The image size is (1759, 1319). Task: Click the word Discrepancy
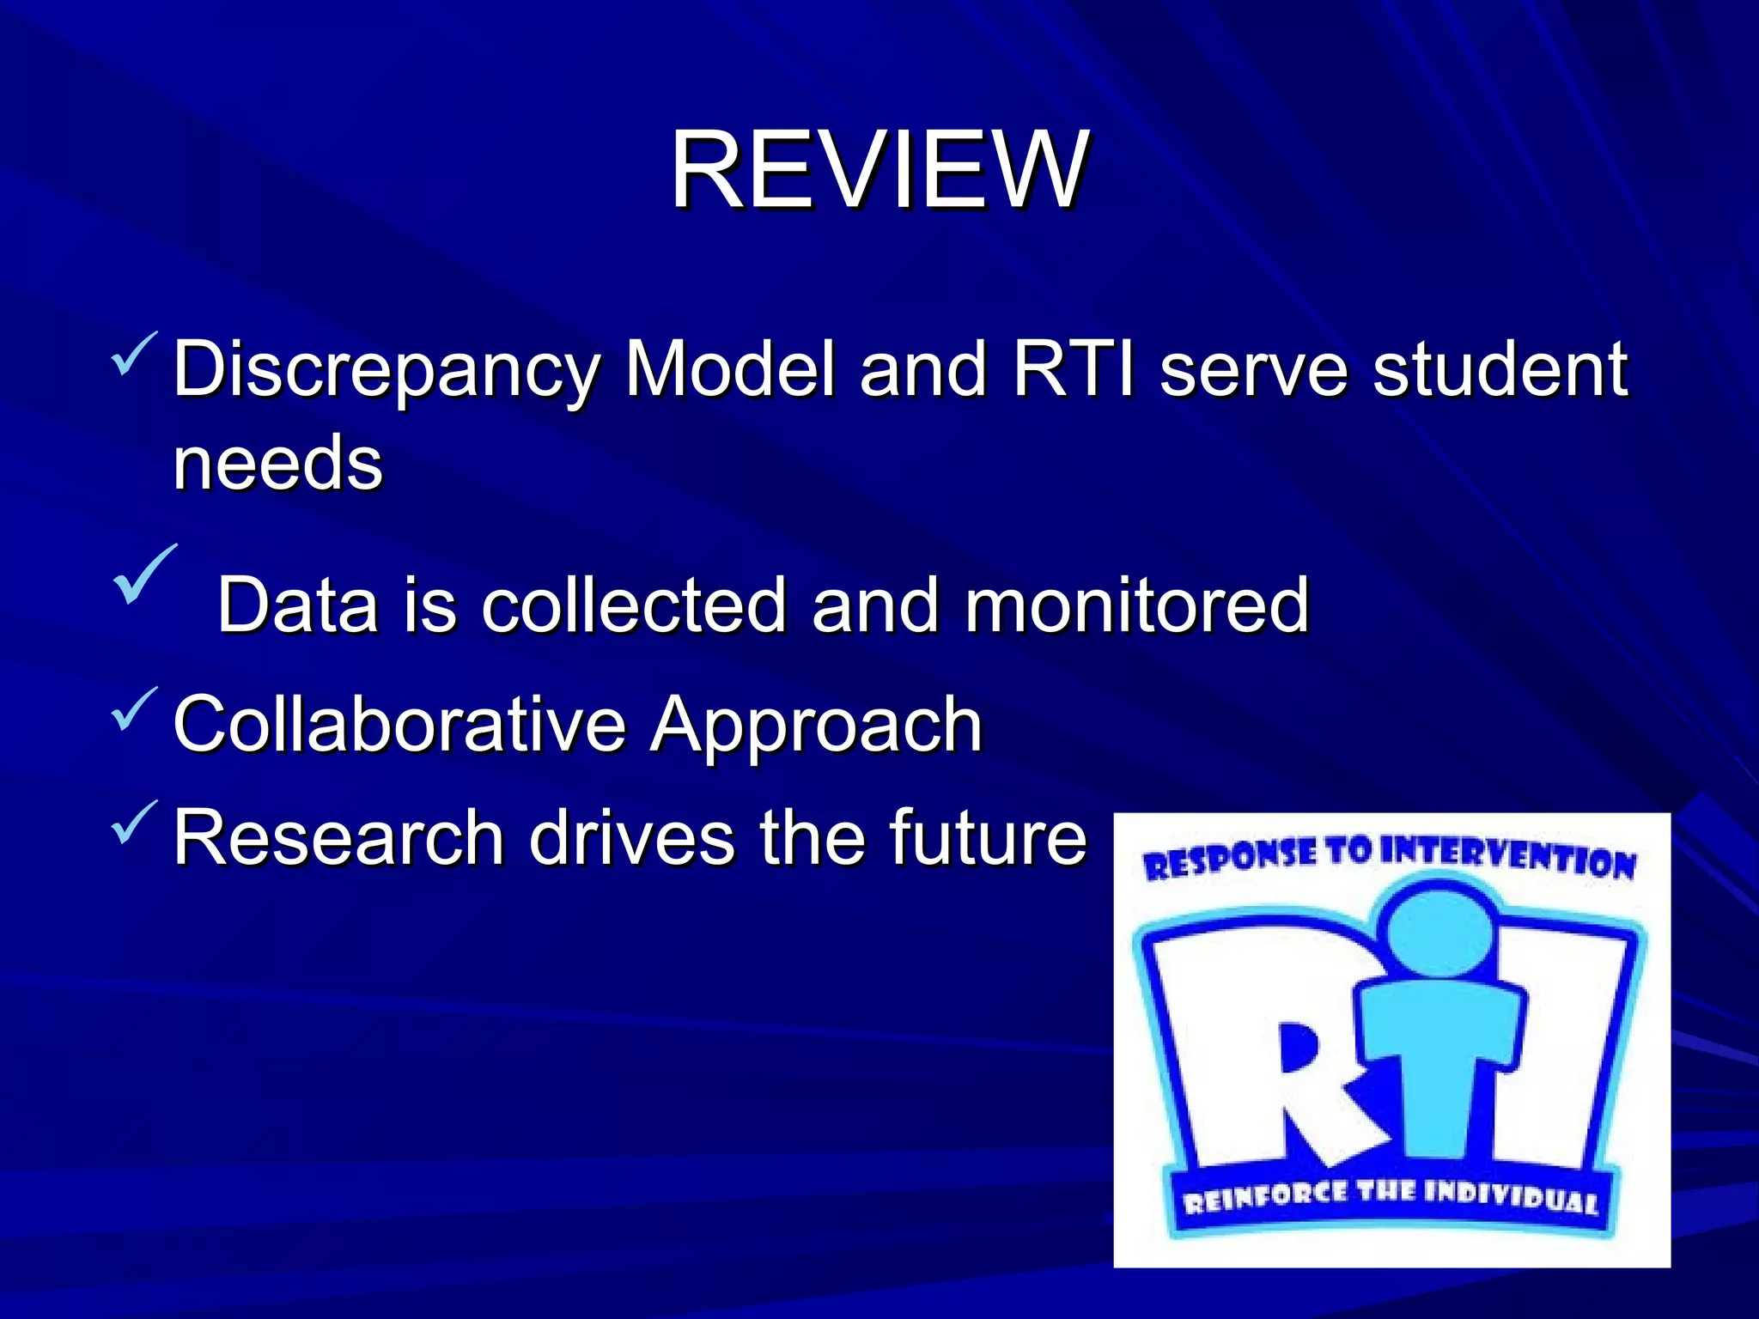[386, 371]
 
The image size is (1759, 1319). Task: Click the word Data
[297, 605]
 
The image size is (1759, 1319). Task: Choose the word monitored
[1136, 605]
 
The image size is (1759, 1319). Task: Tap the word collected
[634, 605]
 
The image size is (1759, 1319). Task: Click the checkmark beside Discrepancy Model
[133, 354]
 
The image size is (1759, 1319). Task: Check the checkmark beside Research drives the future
[133, 822]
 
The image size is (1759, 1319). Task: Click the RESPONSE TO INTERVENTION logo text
[1389, 859]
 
